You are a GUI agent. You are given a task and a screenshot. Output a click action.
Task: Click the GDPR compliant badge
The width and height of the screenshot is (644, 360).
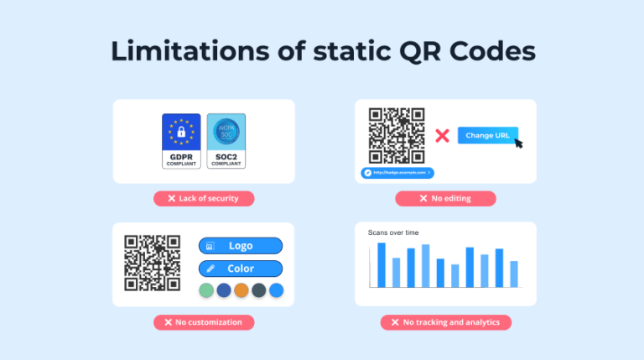[181, 141]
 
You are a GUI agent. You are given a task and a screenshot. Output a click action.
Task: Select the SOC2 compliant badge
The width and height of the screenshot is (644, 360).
[226, 141]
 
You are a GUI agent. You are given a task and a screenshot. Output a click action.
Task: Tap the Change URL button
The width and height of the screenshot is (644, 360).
[487, 135]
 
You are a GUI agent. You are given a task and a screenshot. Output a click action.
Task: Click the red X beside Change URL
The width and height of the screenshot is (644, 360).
[442, 135]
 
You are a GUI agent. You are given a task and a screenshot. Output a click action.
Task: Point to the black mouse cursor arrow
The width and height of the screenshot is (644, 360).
[518, 143]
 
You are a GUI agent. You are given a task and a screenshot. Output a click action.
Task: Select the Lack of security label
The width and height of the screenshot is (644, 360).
[204, 199]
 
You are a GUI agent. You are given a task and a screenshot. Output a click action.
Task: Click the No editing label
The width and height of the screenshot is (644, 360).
[445, 199]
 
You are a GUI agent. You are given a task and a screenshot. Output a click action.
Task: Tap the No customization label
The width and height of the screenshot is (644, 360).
[204, 322]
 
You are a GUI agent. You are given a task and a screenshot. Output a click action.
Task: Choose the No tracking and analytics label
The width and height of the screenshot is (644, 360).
[445, 322]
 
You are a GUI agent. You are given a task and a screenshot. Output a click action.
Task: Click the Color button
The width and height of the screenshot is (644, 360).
[241, 269]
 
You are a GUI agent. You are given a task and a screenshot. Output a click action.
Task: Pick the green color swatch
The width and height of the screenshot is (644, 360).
[205, 290]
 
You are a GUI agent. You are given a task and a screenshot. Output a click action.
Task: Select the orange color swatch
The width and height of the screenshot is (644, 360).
[241, 290]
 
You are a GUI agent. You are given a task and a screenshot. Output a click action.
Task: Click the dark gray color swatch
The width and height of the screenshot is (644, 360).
[258, 290]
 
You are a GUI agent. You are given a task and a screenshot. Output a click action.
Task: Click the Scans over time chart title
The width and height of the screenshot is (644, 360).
[393, 232]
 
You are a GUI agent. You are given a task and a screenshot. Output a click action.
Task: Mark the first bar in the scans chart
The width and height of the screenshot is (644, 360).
[382, 264]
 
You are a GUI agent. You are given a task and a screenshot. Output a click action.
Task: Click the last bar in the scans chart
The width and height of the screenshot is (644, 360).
[514, 274]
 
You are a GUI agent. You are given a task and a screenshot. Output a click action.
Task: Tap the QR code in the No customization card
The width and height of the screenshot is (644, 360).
[153, 263]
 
